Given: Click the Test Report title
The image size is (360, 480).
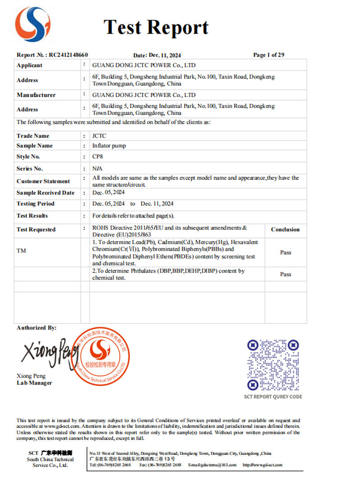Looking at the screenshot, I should click(156, 27).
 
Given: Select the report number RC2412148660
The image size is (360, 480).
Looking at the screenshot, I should click(68, 55).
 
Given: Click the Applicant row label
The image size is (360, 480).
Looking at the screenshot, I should click(29, 65).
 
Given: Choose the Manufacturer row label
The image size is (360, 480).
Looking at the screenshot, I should click(36, 95).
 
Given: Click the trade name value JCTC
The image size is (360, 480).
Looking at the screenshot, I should click(99, 135).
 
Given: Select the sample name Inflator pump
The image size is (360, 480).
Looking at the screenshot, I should click(109, 146).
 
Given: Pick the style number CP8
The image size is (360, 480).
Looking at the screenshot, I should click(98, 157).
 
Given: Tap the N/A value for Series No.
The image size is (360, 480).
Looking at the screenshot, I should click(97, 168).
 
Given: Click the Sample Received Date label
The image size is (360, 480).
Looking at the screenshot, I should click(45, 193).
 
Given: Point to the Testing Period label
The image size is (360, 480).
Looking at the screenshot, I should click(35, 204).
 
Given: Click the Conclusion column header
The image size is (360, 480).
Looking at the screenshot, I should click(285, 229).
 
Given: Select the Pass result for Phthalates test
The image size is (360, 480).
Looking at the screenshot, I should click(286, 274).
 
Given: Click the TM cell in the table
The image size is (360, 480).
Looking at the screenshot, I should click(21, 251).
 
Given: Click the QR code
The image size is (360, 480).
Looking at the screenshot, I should click(273, 365).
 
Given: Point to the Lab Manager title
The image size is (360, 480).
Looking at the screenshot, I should click(34, 383).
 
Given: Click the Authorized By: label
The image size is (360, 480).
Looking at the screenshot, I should click(36, 328).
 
